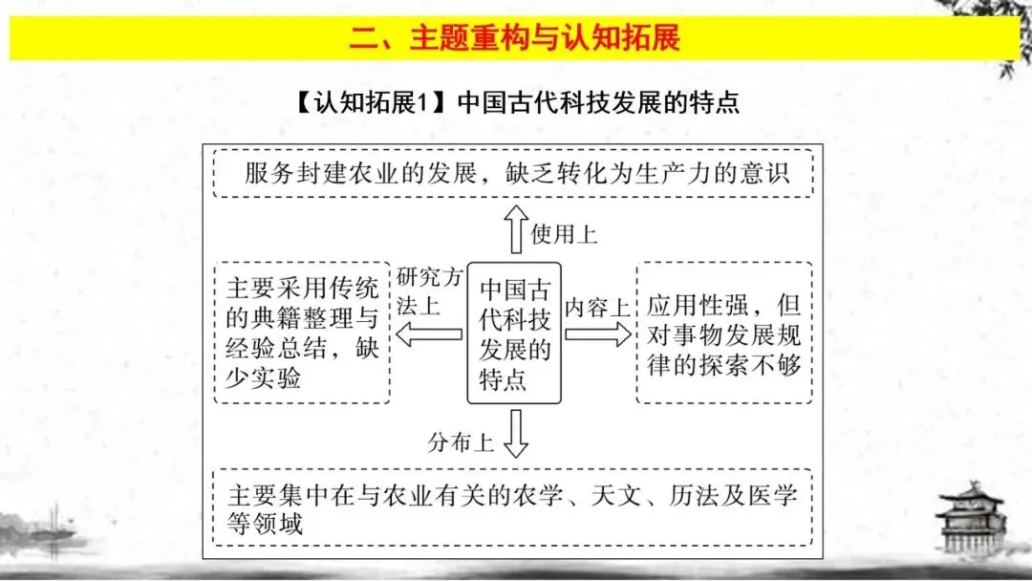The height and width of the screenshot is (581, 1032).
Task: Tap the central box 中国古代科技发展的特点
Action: pos(515,334)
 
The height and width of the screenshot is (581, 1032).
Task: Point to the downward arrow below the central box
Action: pos(515,434)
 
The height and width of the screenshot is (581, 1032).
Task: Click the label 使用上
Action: pos(564,234)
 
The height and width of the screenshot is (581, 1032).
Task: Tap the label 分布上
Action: pos(462,442)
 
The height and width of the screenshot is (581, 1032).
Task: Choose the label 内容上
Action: pos(596,308)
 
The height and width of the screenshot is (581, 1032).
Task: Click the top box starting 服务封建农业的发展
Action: pos(514,173)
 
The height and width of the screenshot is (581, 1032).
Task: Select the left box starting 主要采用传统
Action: pos(302,332)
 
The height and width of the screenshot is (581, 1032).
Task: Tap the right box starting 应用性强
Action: pos(723,333)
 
